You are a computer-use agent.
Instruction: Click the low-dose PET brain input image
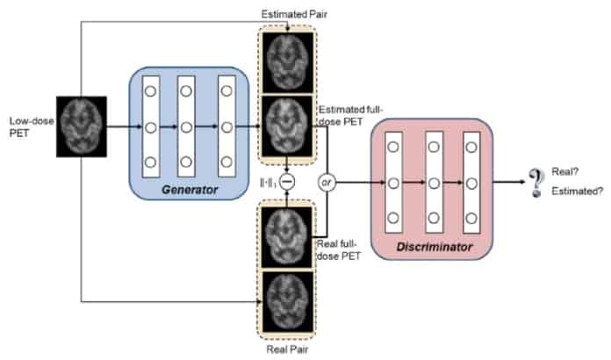pyautogui.click(x=82, y=127)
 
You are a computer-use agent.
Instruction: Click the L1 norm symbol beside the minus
pyautogui.click(x=266, y=183)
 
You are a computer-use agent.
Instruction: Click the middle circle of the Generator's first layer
pyautogui.click(x=149, y=127)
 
